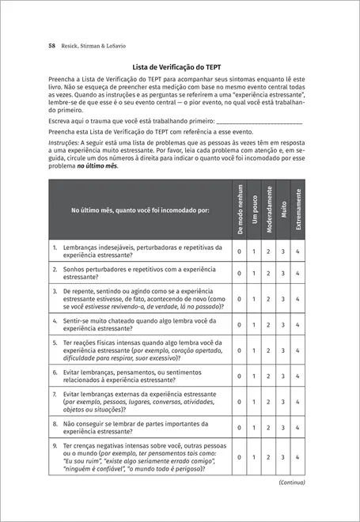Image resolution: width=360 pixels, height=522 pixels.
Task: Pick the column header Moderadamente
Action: point(268,209)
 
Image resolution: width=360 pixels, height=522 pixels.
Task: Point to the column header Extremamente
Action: point(297,209)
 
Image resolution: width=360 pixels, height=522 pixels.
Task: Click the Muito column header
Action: point(282,209)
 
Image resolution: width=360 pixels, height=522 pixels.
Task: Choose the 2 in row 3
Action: point(268,300)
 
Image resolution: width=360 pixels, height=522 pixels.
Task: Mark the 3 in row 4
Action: point(282,325)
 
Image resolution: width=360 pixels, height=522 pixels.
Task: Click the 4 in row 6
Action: point(297,376)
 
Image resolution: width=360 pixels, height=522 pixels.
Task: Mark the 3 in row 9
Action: point(282,457)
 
